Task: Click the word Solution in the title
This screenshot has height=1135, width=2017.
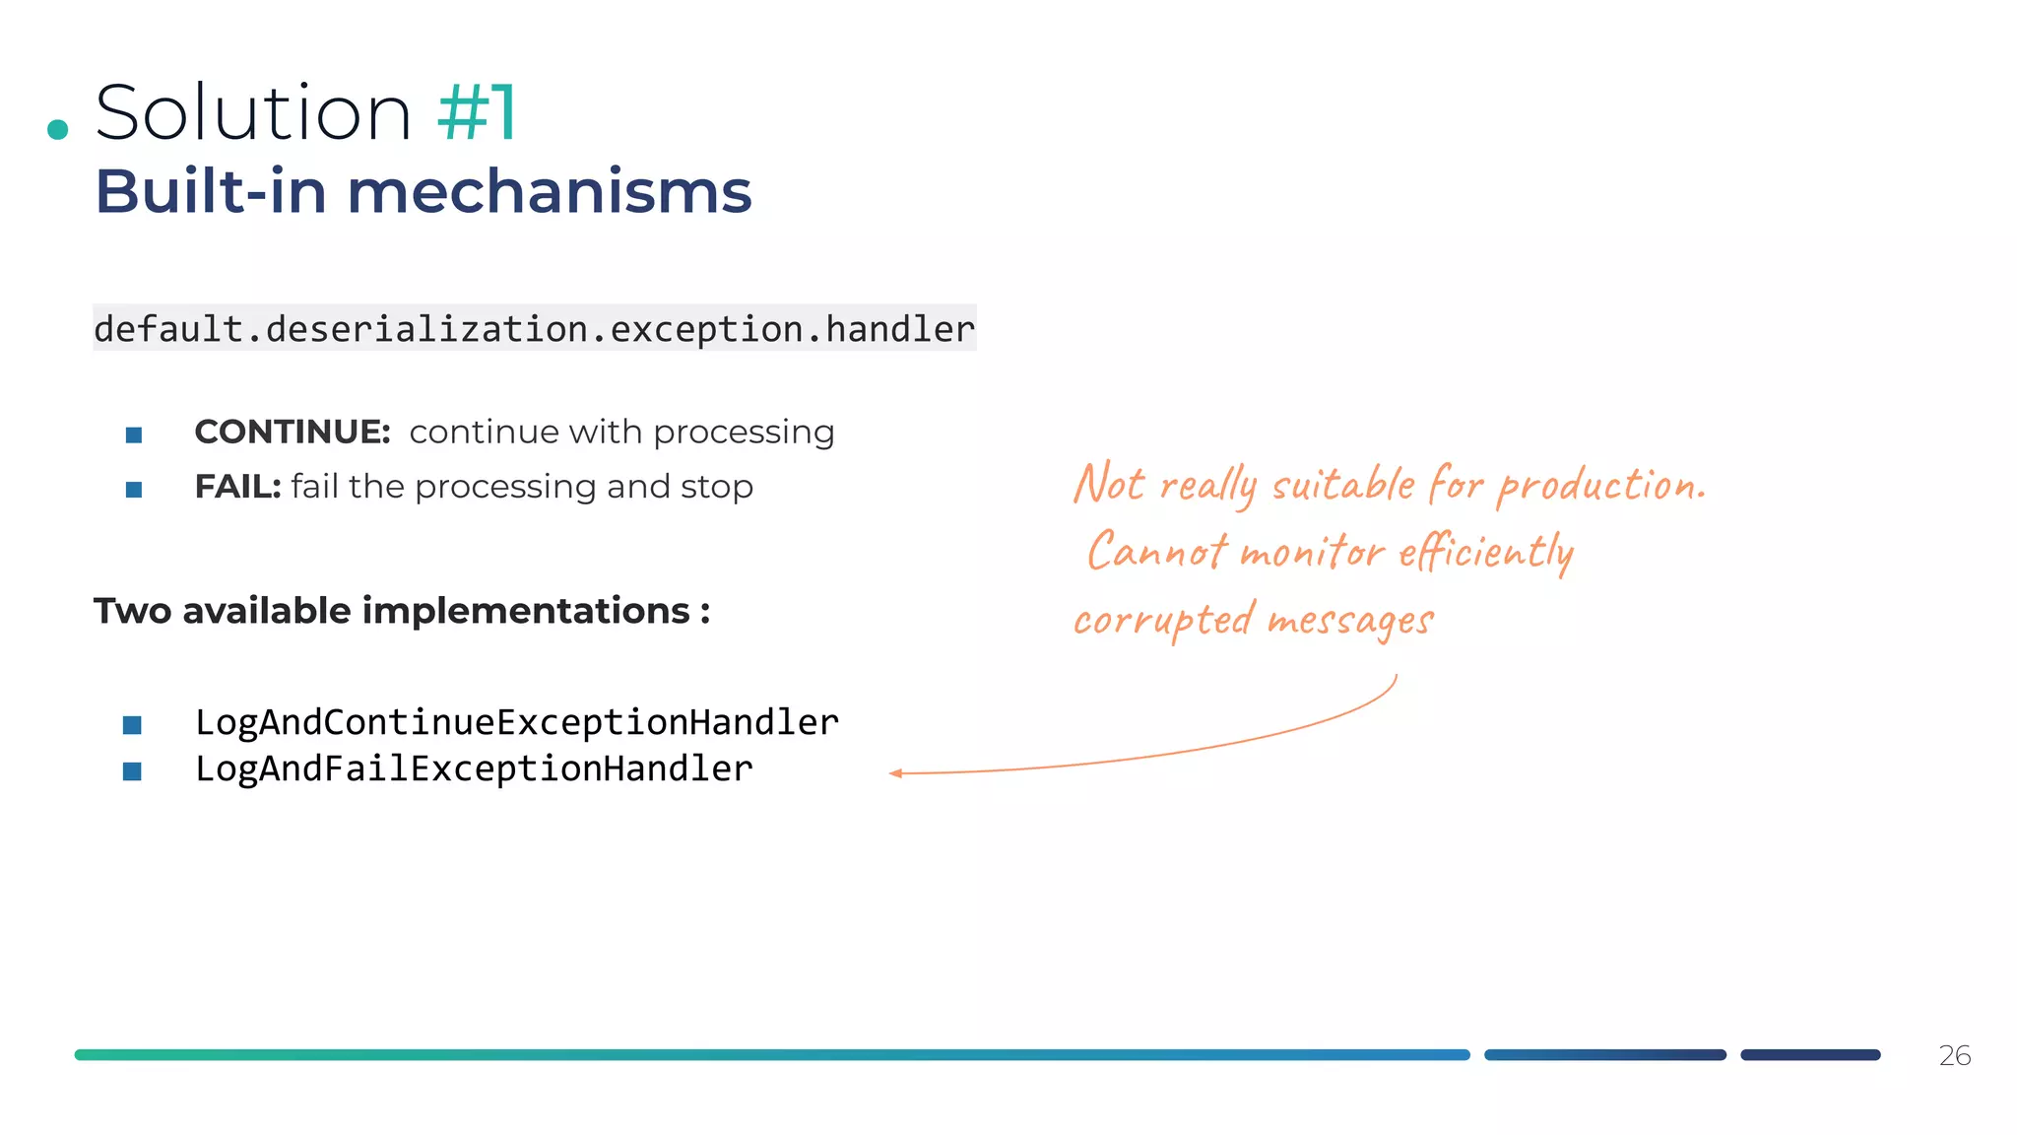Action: click(253, 113)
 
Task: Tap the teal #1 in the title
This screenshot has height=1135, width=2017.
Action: click(477, 113)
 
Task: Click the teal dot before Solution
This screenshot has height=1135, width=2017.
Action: click(58, 129)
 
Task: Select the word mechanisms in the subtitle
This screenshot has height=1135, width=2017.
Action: click(550, 191)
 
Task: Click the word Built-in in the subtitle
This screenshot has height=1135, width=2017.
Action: click(211, 191)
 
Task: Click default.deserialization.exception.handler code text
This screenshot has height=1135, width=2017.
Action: click(534, 329)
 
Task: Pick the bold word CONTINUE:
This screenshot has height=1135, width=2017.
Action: click(293, 432)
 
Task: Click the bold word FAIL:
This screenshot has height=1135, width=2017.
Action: click(237, 487)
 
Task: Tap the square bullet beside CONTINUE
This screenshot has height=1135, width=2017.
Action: click(134, 434)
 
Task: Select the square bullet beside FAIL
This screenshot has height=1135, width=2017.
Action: click(134, 490)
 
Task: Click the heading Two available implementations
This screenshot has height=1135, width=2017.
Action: click(402, 611)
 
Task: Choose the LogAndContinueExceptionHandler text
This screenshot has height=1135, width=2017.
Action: click(517, 722)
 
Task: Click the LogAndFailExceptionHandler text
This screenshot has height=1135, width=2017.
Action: click(474, 768)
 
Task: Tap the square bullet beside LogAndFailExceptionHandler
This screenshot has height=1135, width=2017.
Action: click(132, 771)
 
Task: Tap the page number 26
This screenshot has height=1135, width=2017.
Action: click(1954, 1055)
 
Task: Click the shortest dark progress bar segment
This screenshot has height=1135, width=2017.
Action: click(1810, 1055)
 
